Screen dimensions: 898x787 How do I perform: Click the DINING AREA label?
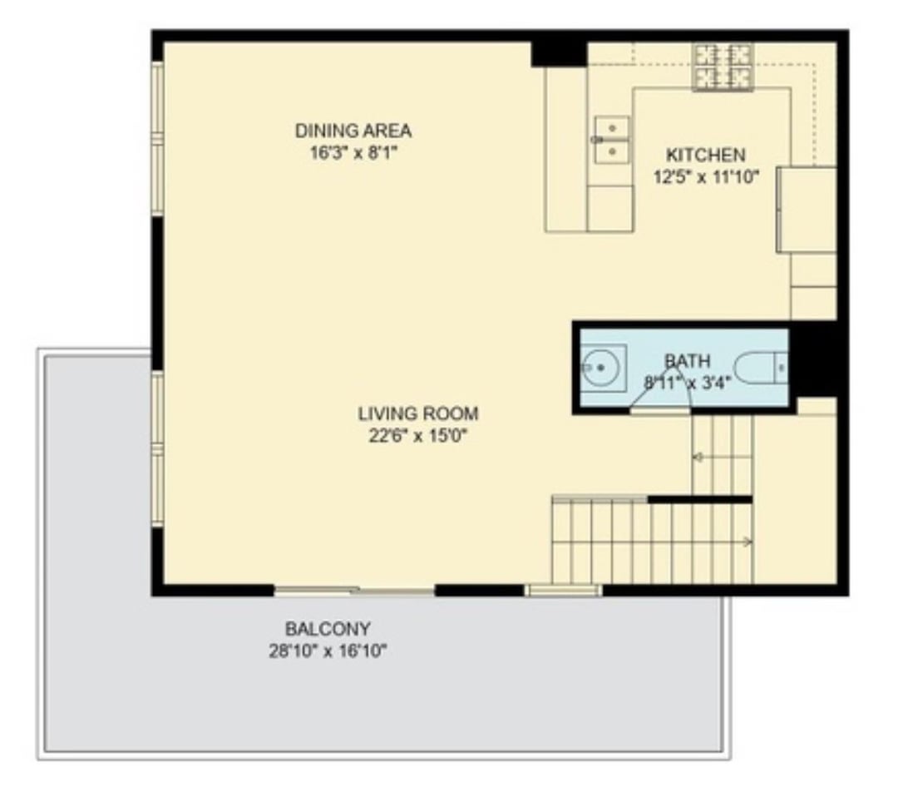[353, 131]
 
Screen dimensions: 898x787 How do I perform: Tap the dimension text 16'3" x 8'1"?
[353, 154]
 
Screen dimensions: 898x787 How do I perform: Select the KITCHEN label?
[706, 155]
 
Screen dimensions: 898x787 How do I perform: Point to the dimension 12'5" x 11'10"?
[706, 177]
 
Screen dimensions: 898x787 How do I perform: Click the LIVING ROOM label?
[418, 413]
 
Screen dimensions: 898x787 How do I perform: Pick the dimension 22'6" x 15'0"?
[418, 436]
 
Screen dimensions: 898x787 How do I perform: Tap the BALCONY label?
[328, 629]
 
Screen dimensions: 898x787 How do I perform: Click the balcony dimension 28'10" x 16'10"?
[328, 651]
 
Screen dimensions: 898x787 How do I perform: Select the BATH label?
[688, 360]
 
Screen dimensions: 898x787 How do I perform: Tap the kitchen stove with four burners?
[723, 67]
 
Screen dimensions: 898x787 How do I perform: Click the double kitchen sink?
[612, 140]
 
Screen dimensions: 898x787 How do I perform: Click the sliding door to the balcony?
[354, 591]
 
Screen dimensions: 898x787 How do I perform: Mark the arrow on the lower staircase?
[747, 542]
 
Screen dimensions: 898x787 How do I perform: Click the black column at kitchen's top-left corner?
[559, 54]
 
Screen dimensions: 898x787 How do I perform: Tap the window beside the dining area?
[157, 138]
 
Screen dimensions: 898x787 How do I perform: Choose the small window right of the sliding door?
[564, 591]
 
